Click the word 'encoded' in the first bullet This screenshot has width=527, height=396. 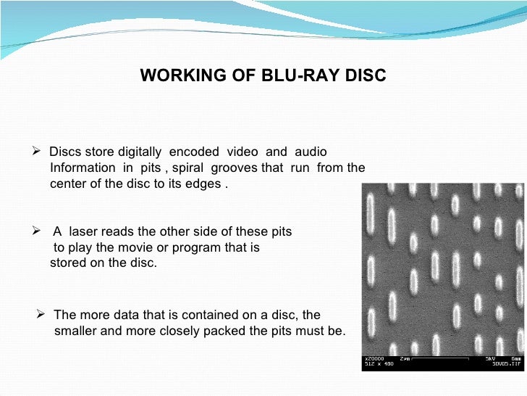pyautogui.click(x=194, y=152)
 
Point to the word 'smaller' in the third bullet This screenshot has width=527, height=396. pyautogui.click(x=75, y=331)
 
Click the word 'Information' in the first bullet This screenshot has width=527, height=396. pyautogui.click(x=82, y=168)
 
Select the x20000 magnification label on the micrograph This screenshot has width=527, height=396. pyautogui.click(x=374, y=358)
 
